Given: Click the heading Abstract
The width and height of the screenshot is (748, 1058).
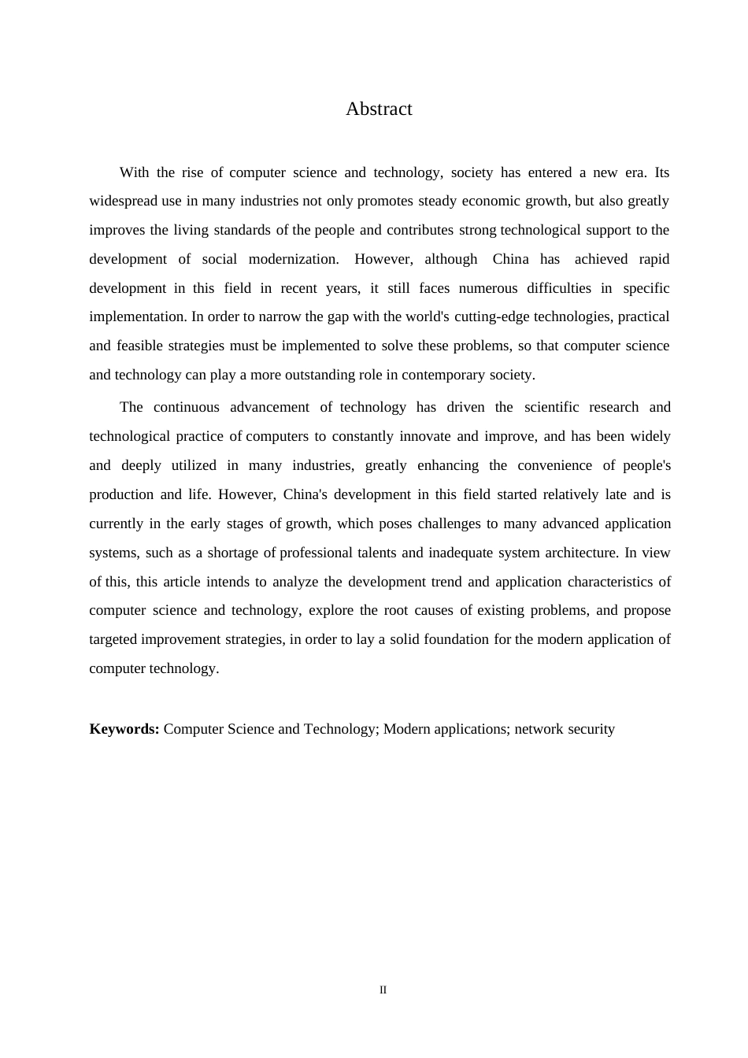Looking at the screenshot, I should pyautogui.click(x=379, y=109).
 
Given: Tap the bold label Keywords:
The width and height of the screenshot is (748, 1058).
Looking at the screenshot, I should pyautogui.click(x=124, y=729).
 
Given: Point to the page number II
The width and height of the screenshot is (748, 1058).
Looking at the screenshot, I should pyautogui.click(x=383, y=990).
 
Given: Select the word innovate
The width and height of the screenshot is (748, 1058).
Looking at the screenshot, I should pyautogui.click(x=425, y=437).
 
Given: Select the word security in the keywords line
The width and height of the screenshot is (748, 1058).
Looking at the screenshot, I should pyautogui.click(x=591, y=729).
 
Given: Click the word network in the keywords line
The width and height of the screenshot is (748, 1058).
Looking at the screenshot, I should pyautogui.click(x=539, y=729).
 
